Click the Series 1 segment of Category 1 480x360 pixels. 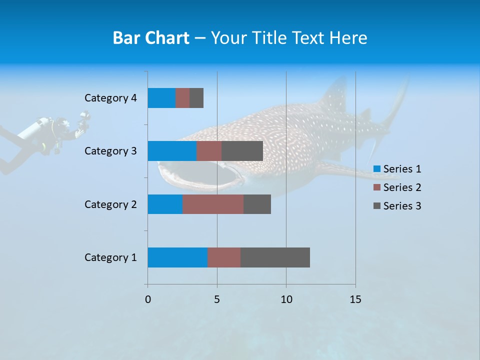click(x=177, y=257)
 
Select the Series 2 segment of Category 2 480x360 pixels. click(x=213, y=204)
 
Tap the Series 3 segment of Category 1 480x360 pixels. click(x=275, y=257)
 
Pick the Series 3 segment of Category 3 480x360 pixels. click(x=242, y=151)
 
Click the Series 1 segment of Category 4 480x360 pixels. click(x=161, y=98)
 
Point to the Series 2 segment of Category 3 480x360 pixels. click(x=209, y=151)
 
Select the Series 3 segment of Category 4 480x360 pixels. click(x=196, y=98)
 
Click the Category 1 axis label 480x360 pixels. click(x=110, y=257)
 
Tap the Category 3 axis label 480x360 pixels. click(x=110, y=151)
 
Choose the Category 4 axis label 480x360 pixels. click(x=110, y=98)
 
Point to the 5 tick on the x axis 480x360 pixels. click(x=217, y=299)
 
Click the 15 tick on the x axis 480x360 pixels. click(x=355, y=299)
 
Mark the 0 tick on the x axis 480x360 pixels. click(x=147, y=299)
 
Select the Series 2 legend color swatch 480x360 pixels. click(x=377, y=187)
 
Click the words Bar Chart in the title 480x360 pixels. click(x=151, y=38)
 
